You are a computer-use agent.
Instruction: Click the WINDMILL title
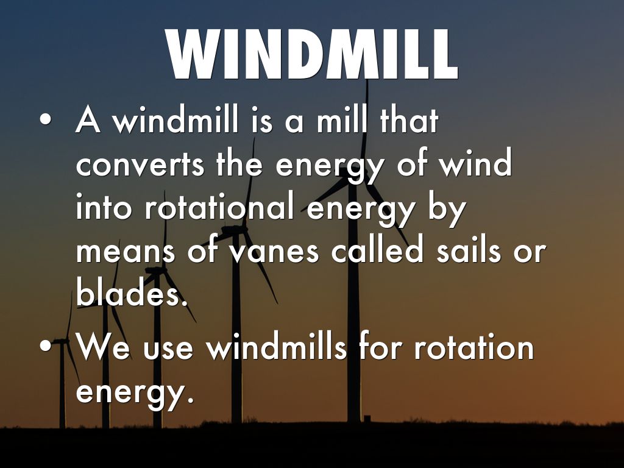(x=312, y=54)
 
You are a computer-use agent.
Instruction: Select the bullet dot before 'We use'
(x=46, y=346)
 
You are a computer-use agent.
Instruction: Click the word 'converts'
(x=140, y=166)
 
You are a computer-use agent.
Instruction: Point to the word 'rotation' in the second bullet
(x=473, y=346)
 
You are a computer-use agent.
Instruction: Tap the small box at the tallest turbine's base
(x=367, y=419)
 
